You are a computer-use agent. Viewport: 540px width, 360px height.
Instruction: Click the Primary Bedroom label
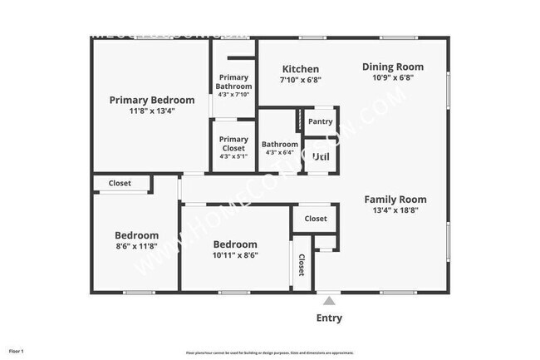pos(152,100)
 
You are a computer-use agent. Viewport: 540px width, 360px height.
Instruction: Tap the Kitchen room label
pos(300,69)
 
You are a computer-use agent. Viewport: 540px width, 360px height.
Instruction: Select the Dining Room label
pos(393,67)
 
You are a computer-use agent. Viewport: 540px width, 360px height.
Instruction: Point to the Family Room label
pos(395,200)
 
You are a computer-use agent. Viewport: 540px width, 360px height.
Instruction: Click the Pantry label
pos(320,121)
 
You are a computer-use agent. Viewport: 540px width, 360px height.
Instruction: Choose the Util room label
pos(320,156)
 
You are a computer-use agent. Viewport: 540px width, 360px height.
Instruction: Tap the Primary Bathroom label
pos(233,81)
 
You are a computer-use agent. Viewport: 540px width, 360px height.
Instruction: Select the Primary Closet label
pos(233,144)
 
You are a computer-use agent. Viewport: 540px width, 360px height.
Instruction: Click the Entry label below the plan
pos(329,318)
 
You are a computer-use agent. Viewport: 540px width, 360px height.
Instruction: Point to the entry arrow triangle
pos(329,301)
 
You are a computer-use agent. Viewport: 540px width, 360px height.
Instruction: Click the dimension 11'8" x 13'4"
pos(152,111)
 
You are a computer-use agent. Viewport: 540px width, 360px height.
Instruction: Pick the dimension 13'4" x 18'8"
pos(395,211)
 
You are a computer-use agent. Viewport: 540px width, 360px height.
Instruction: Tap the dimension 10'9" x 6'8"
pos(393,77)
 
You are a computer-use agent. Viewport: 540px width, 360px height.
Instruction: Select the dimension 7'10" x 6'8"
pos(300,81)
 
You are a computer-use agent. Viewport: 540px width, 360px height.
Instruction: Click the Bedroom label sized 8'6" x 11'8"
pos(136,235)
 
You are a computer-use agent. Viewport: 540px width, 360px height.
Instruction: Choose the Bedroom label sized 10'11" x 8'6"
pos(235,244)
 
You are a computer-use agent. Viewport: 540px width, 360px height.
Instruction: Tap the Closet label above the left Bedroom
pos(120,183)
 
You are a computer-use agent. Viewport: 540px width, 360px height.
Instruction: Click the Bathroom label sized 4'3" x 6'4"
pos(279,144)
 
